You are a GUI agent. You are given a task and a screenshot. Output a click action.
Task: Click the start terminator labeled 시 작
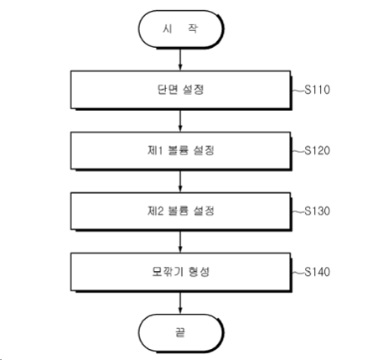pyautogui.click(x=181, y=29)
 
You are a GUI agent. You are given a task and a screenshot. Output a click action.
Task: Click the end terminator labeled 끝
pyautogui.click(x=181, y=333)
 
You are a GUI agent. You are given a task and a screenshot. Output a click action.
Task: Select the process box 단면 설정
pyautogui.click(x=181, y=90)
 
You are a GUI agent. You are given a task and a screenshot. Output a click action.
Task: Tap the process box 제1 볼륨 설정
pyautogui.click(x=181, y=151)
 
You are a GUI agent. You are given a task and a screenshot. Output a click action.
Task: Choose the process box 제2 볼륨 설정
pyautogui.click(x=181, y=211)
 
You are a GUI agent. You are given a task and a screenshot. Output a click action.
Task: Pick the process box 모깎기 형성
pyautogui.click(x=181, y=272)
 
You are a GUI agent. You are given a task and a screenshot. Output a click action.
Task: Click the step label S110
pyautogui.click(x=317, y=90)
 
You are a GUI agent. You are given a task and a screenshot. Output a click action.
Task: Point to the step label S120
pyautogui.click(x=317, y=150)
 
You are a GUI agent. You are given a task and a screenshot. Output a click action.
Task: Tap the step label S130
pyautogui.click(x=317, y=211)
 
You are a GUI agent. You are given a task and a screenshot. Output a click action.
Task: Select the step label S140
pyautogui.click(x=317, y=272)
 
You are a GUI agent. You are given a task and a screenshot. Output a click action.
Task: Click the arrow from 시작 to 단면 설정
pyautogui.click(x=180, y=60)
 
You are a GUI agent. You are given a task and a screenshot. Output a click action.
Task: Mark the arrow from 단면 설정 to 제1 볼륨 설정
pyautogui.click(x=180, y=121)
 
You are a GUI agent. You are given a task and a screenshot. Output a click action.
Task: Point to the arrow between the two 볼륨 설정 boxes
pyautogui.click(x=180, y=181)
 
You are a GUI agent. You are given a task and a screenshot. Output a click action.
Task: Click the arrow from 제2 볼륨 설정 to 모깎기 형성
pyautogui.click(x=180, y=242)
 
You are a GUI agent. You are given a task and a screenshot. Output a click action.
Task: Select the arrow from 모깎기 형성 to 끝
pyautogui.click(x=180, y=303)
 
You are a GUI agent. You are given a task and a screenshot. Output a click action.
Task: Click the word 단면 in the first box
pyautogui.click(x=168, y=90)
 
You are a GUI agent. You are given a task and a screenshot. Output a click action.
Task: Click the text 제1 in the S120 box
pyautogui.click(x=155, y=150)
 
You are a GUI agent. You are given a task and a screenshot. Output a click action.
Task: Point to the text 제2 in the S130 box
pyautogui.click(x=155, y=211)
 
